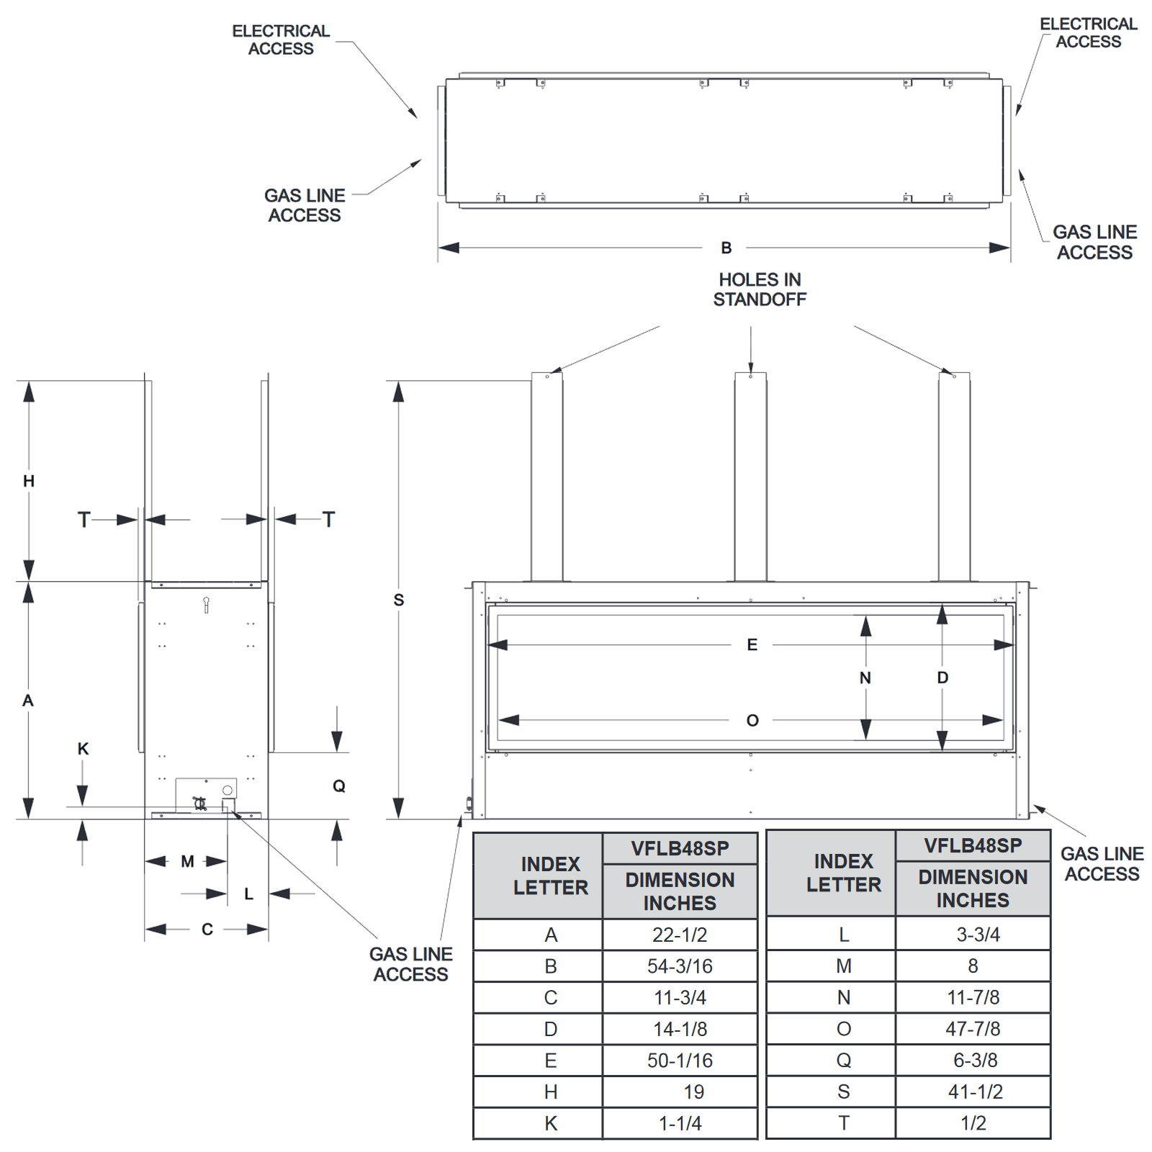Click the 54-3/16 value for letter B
click(x=680, y=966)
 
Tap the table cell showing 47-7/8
click(x=973, y=1029)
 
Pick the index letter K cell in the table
click(x=551, y=1123)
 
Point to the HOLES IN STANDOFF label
click(x=760, y=289)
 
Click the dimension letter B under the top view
click(x=726, y=248)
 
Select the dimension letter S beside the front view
click(x=399, y=600)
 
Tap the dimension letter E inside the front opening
click(x=752, y=644)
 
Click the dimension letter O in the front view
click(x=752, y=721)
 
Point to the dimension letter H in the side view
click(x=29, y=481)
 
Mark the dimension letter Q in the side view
click(x=339, y=786)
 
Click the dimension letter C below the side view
click(x=207, y=930)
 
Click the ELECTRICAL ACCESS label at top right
click(x=1088, y=33)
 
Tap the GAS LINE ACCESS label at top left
click(x=305, y=205)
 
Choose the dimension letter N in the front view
click(x=865, y=678)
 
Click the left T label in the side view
click(x=84, y=519)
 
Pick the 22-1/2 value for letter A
click(x=680, y=935)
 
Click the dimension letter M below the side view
click(x=187, y=861)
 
